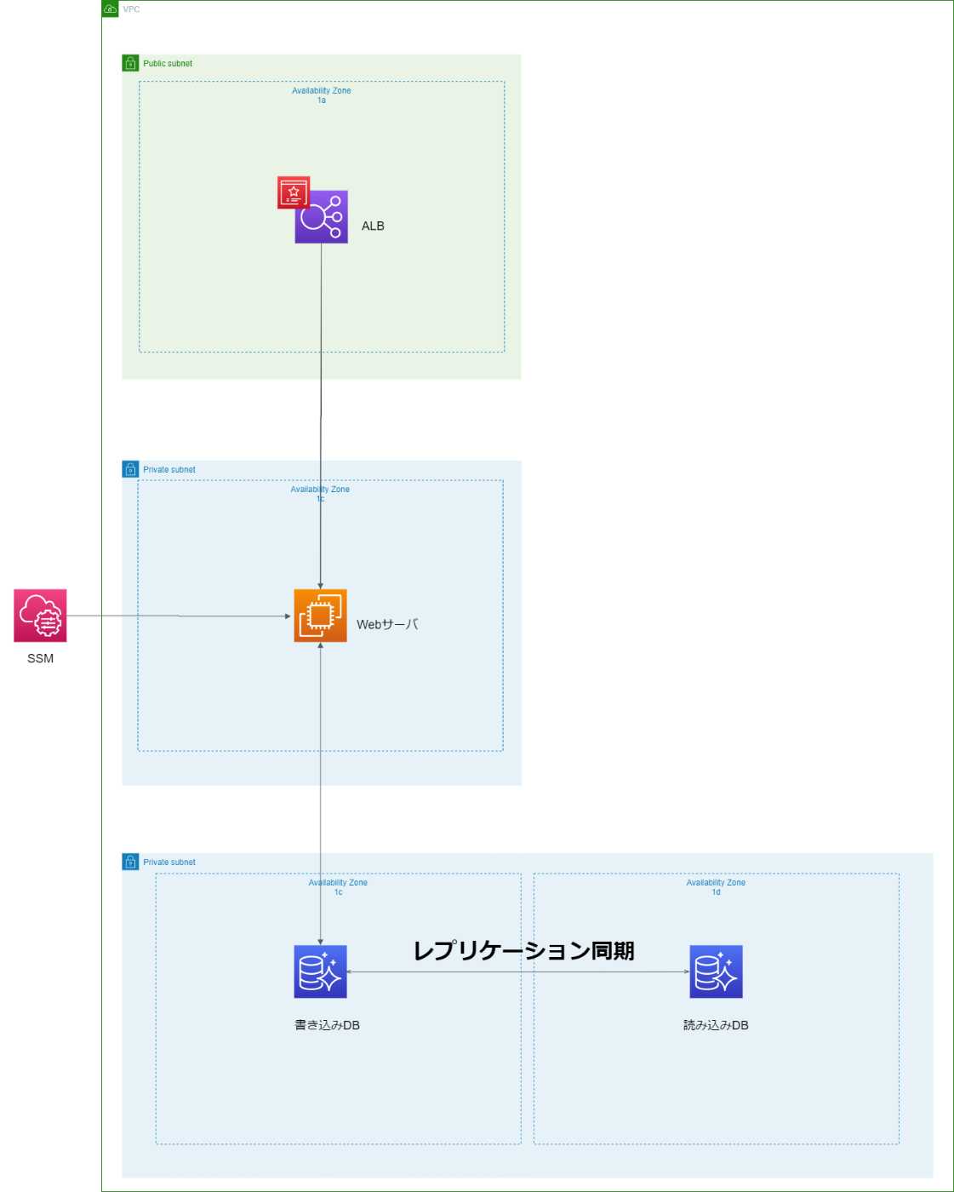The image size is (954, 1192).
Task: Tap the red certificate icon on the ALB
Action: (294, 192)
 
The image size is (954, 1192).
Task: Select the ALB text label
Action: (373, 226)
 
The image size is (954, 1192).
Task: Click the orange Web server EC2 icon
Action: (320, 616)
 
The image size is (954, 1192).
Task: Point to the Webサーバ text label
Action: (387, 624)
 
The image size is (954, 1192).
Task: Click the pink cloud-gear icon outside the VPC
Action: (40, 615)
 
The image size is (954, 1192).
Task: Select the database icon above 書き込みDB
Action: (320, 971)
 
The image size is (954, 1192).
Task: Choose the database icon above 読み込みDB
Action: (716, 971)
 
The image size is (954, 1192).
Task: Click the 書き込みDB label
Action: (327, 1025)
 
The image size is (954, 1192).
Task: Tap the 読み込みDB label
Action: (716, 1025)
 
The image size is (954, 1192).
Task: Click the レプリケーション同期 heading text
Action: (523, 950)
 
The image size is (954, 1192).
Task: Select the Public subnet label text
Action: (168, 63)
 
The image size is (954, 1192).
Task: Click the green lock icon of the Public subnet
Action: (130, 63)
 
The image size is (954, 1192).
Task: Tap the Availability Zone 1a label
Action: (321, 95)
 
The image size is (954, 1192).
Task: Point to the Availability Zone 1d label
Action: (716, 886)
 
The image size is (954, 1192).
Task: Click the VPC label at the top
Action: (131, 9)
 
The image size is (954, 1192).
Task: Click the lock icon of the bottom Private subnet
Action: (130, 862)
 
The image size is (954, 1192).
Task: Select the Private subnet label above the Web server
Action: (169, 469)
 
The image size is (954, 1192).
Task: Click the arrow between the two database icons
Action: (517, 971)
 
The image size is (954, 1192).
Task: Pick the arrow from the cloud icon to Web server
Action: (179, 616)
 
